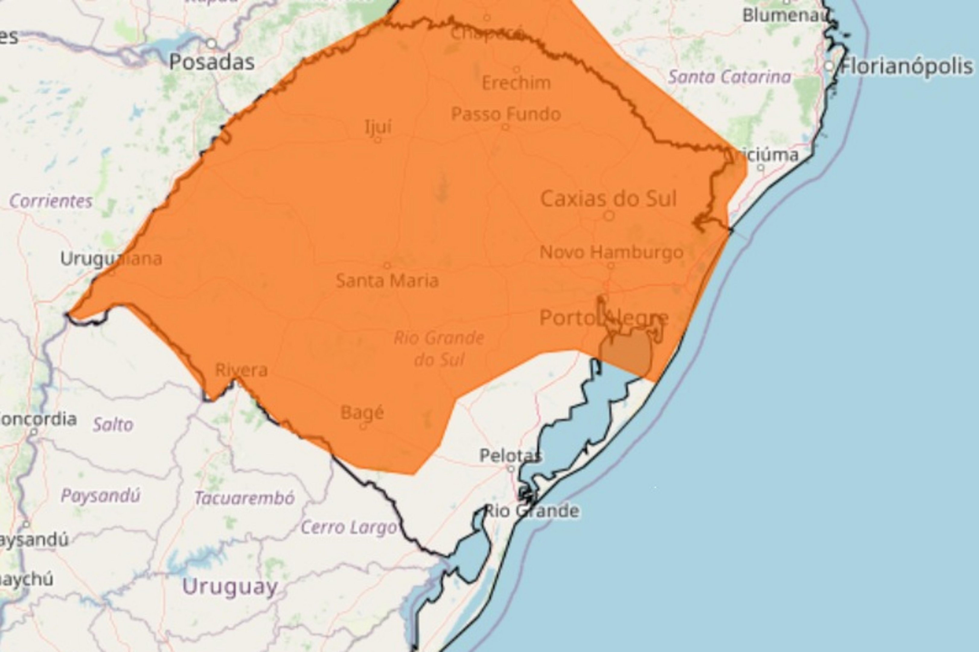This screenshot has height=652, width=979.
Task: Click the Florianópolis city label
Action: coord(907,66)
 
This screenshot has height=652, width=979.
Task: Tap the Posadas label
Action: coord(212,62)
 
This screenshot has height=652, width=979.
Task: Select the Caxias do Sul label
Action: coord(608,199)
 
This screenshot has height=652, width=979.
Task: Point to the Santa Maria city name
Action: coord(387,281)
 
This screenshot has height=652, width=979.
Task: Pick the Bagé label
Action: coord(362,413)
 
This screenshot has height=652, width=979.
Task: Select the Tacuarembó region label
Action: coord(245,498)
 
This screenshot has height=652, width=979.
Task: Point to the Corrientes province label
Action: coord(51,202)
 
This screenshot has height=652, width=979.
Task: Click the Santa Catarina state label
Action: coord(729,77)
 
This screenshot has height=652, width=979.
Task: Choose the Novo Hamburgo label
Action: coord(611,252)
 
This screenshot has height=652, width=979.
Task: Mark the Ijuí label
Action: coord(378,127)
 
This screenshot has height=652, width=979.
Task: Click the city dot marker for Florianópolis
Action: coord(829,66)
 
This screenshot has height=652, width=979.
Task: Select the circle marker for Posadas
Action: coord(212,43)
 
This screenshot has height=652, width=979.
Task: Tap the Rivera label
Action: coord(241,370)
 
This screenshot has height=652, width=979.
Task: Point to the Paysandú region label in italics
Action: coord(101,496)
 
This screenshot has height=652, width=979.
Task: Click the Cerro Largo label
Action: coord(348,528)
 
